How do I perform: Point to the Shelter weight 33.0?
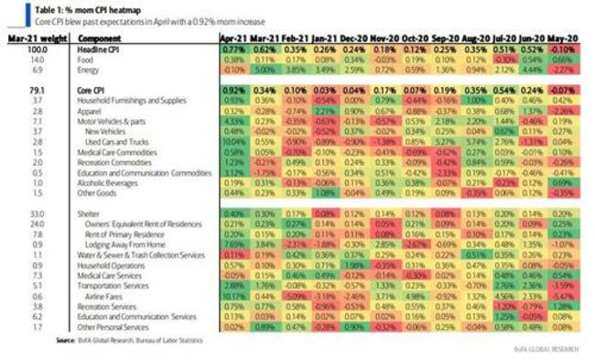[35, 213]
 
